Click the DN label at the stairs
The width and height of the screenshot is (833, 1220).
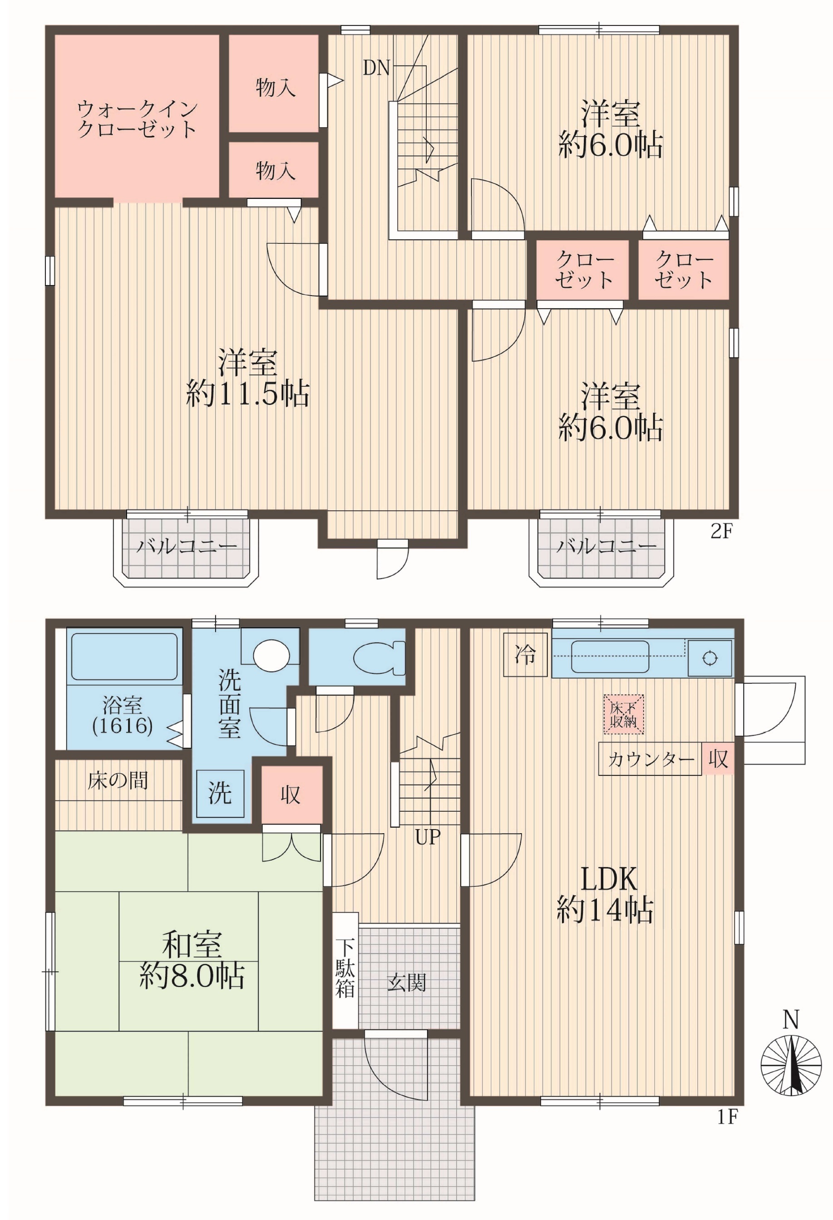376,68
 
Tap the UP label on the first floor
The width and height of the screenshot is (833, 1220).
428,837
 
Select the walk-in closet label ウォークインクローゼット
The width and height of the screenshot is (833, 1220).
137,119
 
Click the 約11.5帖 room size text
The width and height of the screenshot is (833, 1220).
248,394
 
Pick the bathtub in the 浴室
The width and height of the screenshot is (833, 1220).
124,657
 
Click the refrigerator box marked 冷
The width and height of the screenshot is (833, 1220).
525,655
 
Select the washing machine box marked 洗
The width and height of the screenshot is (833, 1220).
220,793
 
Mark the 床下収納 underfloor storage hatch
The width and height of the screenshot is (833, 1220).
624,714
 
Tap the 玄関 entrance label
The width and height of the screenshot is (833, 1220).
407,982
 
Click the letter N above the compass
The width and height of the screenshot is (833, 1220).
790,1019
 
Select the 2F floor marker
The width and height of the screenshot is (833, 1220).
721,532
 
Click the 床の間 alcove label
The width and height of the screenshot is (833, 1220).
118,780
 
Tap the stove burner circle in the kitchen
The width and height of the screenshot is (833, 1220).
710,658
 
